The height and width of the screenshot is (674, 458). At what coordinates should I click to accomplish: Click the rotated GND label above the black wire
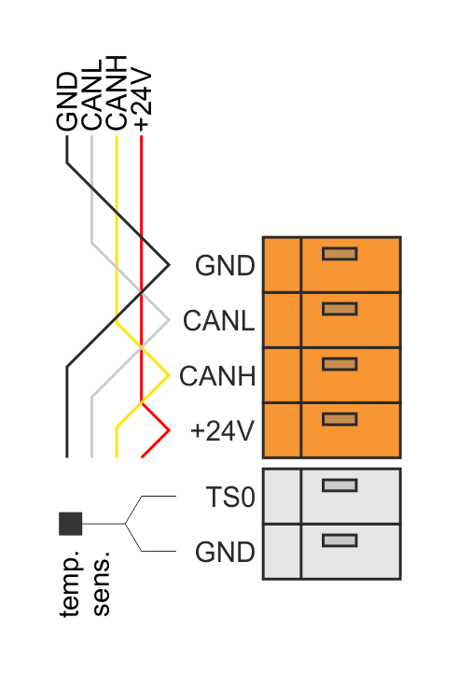point(67,101)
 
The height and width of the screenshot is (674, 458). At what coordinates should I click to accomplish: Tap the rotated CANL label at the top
point(91,95)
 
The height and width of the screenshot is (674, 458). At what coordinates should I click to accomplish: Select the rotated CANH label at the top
point(116,92)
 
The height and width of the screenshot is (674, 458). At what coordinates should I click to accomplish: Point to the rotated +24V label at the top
point(142,99)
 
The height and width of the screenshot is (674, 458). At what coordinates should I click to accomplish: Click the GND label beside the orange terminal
point(225,265)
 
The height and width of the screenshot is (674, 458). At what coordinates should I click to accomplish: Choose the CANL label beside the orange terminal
point(218,321)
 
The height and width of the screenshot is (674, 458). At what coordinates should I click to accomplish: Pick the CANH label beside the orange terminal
point(217,376)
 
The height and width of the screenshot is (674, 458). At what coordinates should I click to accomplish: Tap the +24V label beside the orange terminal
point(222,431)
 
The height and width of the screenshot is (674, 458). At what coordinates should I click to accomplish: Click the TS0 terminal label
point(230,498)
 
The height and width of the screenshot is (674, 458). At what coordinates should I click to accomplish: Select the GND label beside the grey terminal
point(225,552)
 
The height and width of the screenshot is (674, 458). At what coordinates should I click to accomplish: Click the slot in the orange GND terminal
point(340,254)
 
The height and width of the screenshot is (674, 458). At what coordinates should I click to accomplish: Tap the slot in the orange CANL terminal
point(340,309)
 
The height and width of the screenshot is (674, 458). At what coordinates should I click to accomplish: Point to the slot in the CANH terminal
point(340,364)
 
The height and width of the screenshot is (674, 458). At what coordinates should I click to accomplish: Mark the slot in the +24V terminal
point(340,419)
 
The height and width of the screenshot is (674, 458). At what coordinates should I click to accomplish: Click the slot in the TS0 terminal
point(340,485)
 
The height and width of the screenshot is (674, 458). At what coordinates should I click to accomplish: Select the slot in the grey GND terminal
point(340,541)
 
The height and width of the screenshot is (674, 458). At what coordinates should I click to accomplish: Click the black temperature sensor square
point(71,524)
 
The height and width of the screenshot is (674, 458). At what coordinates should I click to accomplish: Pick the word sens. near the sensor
point(102,583)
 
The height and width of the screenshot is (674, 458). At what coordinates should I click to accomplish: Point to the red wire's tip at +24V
point(170,429)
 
